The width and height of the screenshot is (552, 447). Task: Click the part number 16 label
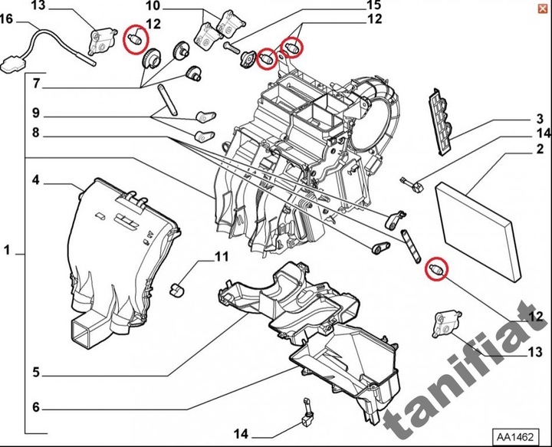[6, 18]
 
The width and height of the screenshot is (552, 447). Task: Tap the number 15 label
[373, 6]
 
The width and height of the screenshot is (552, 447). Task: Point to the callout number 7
[36, 82]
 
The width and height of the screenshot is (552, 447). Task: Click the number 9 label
[36, 113]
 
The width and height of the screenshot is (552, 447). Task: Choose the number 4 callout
[36, 181]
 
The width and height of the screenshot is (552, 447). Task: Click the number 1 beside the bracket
[7, 250]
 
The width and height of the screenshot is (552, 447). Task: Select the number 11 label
[222, 256]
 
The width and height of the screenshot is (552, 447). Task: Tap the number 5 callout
[36, 374]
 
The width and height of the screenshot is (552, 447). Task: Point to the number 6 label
[36, 406]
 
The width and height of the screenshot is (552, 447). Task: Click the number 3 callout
[539, 119]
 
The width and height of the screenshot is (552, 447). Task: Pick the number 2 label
[539, 149]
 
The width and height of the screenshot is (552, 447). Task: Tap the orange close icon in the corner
[542, 8]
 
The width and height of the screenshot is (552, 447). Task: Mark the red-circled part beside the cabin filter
[438, 269]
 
